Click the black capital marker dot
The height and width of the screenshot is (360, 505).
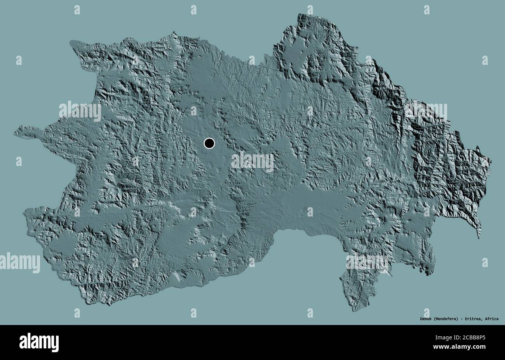(209, 143)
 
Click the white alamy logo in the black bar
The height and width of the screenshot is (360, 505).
(39, 343)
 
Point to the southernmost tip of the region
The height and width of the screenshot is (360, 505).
(353, 311)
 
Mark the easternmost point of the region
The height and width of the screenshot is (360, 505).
(491, 160)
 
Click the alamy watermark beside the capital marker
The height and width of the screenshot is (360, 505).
(252, 161)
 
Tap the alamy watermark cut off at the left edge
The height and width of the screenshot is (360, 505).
(19, 262)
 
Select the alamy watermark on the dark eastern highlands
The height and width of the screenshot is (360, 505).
(426, 112)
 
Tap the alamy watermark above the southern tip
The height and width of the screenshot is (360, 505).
(367, 262)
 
